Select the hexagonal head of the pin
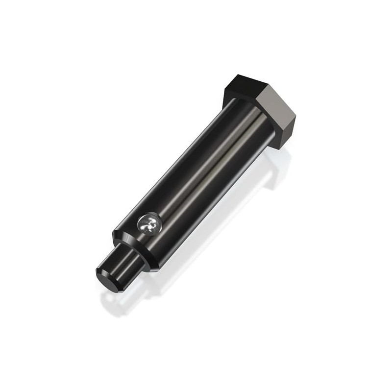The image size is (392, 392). tap(262, 108)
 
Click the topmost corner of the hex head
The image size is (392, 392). tap(239, 74)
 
